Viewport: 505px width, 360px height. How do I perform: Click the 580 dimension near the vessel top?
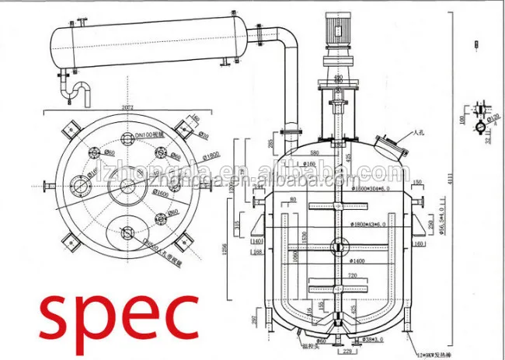[x=314, y=152]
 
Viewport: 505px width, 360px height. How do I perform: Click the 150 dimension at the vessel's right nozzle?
[x=417, y=183]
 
